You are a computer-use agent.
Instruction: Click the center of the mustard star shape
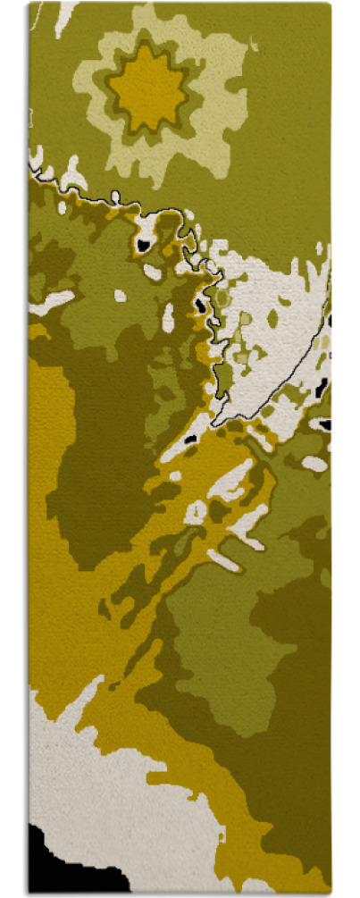(147, 88)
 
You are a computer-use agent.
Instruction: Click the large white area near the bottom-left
(89, 786)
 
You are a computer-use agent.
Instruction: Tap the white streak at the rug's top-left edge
(64, 16)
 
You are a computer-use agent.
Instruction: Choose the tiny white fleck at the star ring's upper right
(253, 42)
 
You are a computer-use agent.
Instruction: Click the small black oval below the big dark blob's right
(190, 440)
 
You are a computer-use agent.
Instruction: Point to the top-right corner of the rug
(329, 4)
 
